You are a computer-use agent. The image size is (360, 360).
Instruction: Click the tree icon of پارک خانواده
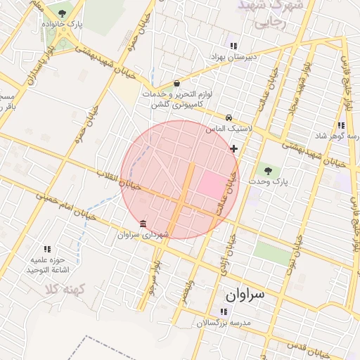[62, 13]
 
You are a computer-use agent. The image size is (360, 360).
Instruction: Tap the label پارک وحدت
[274, 181]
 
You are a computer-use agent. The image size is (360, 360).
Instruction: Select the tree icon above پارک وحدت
[266, 169]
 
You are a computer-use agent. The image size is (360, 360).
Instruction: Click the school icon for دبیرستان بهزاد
[233, 46]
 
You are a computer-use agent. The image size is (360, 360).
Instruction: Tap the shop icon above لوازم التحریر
[176, 83]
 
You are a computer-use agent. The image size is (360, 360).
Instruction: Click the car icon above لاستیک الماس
[229, 118]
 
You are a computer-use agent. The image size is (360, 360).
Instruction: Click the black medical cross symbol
[234, 148]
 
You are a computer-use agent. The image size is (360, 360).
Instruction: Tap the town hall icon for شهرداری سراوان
[143, 224]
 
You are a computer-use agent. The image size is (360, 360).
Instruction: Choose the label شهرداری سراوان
[143, 234]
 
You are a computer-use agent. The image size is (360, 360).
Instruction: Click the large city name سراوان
[245, 294]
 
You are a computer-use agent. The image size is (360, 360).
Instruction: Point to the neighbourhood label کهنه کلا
[63, 288]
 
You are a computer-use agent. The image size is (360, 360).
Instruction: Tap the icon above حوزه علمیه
[47, 249]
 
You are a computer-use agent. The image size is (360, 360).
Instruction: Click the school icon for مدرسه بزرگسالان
[224, 311]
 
